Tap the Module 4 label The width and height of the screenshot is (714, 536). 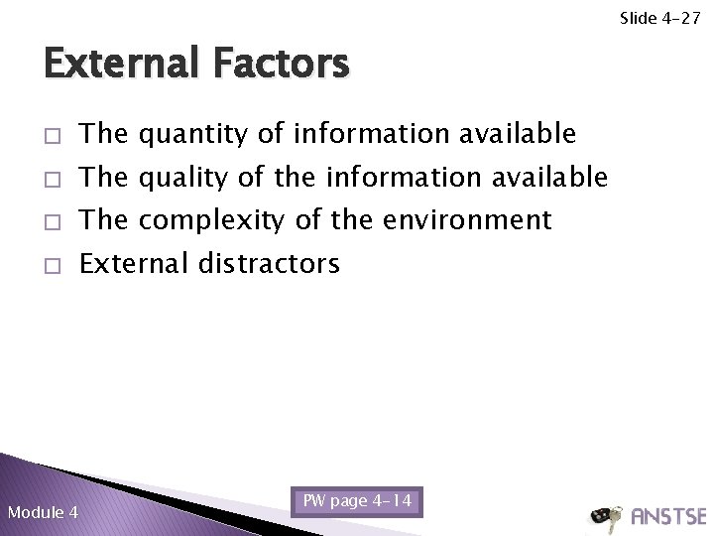[43, 512]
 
